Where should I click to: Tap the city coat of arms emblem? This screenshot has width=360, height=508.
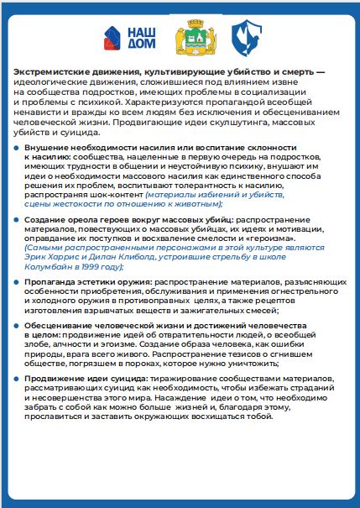tap(188, 39)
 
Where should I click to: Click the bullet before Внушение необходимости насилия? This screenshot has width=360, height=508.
tap(18, 147)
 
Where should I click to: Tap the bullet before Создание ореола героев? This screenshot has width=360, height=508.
tap(18, 218)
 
